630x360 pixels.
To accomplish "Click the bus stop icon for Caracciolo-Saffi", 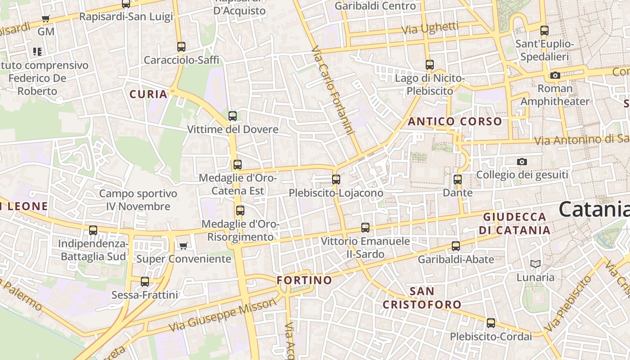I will [181, 47].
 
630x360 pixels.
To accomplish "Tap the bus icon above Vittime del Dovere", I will [233, 116].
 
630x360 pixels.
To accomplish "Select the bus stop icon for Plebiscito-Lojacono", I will [336, 180].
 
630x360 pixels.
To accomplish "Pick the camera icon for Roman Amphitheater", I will [555, 75].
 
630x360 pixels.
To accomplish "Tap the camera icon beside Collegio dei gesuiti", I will [522, 162].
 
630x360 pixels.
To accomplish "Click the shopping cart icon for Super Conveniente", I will [183, 246].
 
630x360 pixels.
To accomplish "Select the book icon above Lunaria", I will [535, 264].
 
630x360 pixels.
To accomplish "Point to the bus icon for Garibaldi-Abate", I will [456, 246].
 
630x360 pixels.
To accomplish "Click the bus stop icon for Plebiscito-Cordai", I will [491, 323].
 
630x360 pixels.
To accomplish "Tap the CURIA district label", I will [148, 94].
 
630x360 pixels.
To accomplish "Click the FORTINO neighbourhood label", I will [304, 280].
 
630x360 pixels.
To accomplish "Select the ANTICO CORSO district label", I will [454, 121].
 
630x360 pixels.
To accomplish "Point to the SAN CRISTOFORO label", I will [422, 298].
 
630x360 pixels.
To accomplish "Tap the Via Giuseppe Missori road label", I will [222, 315].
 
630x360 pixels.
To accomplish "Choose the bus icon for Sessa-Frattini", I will [145, 282].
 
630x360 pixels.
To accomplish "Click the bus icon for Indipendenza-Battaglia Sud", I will [93, 230].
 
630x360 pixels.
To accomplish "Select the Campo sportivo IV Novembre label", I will [138, 200].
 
